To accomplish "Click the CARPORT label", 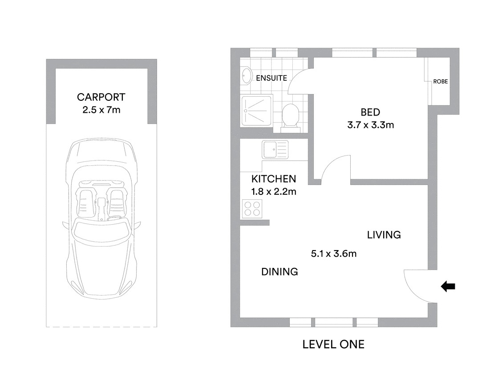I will (x=101, y=97).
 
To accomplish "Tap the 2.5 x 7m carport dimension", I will (x=101, y=110).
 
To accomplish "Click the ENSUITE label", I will (x=271, y=78).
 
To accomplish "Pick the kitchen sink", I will (x=275, y=150).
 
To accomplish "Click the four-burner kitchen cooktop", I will (x=252, y=209).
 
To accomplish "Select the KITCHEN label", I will (x=273, y=179).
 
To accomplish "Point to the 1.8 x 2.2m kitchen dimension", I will (x=273, y=192).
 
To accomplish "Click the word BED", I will (x=370, y=112).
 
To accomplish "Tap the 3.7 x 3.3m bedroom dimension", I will (x=370, y=125).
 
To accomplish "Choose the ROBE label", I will (x=441, y=82).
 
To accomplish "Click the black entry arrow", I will (x=448, y=287).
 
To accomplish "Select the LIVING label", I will (x=384, y=235).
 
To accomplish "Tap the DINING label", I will (x=279, y=271).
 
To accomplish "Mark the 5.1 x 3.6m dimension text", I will (x=334, y=254).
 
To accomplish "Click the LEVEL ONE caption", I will (x=333, y=344).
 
